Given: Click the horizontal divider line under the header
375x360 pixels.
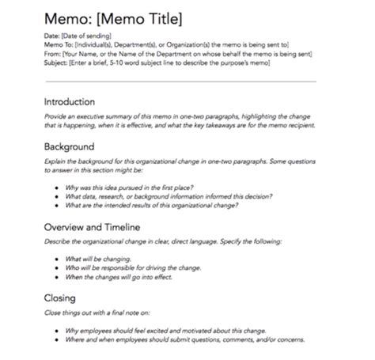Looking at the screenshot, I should coord(180,81).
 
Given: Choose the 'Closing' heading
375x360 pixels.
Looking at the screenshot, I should coord(60,298).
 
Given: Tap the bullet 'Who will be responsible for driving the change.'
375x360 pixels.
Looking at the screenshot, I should coord(133,267).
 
